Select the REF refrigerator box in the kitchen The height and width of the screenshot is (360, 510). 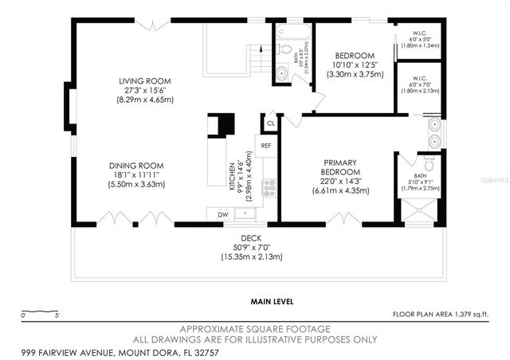point(266,146)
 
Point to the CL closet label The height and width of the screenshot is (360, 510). point(270,123)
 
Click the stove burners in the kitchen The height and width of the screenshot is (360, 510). point(269,188)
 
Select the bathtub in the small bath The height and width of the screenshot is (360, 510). point(289,33)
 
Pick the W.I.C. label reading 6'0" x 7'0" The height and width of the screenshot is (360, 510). point(418,85)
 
